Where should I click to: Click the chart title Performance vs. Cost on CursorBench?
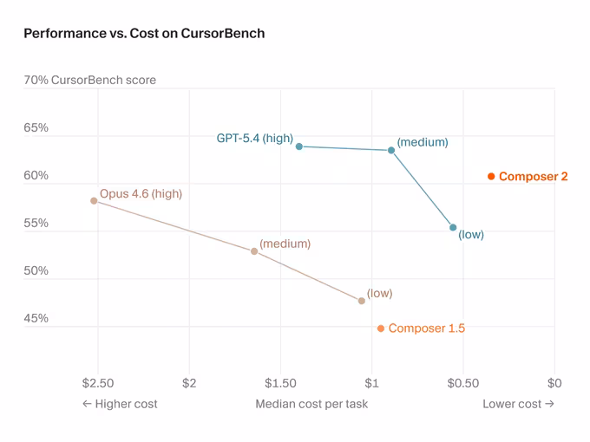[144, 34]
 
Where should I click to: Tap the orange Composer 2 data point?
[491, 177]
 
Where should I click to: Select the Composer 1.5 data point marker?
[381, 328]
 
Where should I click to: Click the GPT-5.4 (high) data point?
[299, 146]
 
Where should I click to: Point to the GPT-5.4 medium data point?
[391, 151]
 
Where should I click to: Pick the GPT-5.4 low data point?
[453, 228]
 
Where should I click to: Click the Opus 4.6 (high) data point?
[94, 201]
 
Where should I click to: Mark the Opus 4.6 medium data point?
[254, 251]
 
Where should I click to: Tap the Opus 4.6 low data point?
[362, 301]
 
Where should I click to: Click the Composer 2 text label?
[534, 177]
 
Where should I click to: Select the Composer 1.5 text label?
[427, 328]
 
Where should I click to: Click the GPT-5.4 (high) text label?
[254, 138]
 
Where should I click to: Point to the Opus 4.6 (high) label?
[141, 194]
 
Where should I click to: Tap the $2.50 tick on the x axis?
[97, 383]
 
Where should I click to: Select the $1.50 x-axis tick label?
[280, 383]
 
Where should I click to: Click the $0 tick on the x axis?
[554, 383]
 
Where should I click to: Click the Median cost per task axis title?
[311, 404]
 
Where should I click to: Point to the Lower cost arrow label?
[518, 404]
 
